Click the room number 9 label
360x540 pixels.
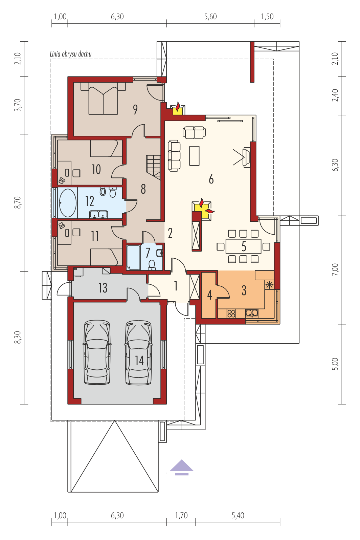135,109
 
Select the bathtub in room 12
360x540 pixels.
68,203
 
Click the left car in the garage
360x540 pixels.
97,352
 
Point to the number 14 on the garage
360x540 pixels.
139,361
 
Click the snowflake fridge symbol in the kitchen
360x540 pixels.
269,285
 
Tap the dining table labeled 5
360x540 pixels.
243,246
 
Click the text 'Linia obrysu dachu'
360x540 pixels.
71,54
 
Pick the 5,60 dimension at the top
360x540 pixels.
210,17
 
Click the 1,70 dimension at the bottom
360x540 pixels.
181,516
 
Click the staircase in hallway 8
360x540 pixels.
153,167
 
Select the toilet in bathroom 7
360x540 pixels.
152,265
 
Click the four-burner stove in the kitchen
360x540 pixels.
231,314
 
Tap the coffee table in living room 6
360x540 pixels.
194,156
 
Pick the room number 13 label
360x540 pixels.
103,287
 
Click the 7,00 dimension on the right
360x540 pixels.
335,269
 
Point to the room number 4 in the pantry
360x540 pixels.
209,295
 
